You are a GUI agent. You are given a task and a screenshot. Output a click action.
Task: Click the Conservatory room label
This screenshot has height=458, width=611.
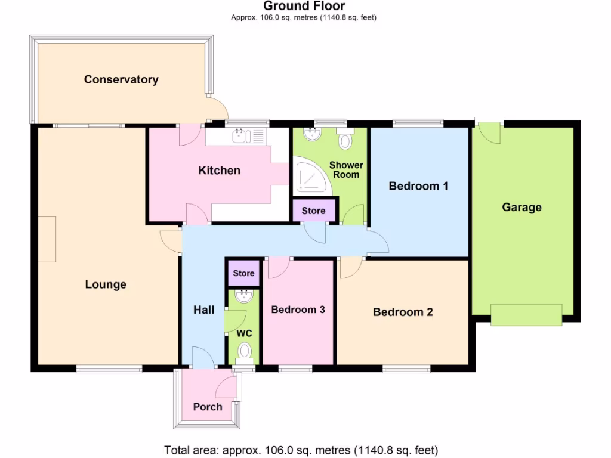tap(121, 79)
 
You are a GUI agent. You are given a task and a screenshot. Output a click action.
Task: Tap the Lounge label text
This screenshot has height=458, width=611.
tap(106, 284)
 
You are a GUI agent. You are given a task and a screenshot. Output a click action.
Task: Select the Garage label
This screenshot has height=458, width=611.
tap(521, 208)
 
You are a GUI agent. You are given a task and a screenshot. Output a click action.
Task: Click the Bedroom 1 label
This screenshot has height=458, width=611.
tap(418, 186)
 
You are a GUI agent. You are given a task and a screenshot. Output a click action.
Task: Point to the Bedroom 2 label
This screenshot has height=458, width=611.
tap(403, 312)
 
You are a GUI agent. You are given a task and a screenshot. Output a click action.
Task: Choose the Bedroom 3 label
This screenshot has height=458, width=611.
tap(298, 310)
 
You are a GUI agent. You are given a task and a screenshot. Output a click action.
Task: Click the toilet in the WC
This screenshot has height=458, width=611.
tap(245, 351)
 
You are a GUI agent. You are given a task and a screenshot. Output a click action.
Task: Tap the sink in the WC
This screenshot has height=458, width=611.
tap(244, 296)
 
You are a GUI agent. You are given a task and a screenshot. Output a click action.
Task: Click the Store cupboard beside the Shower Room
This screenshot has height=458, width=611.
tap(314, 211)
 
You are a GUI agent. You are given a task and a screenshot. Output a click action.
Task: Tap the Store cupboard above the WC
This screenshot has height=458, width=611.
tap(243, 273)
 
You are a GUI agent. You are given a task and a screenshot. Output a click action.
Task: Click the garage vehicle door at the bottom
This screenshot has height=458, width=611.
tap(526, 314)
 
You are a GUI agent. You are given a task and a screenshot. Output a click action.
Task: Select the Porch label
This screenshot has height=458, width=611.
tap(208, 407)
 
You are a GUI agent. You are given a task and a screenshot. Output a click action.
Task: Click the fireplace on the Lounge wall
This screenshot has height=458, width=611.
tap(47, 239)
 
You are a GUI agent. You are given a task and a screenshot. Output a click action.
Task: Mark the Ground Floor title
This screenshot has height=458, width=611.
tap(304, 7)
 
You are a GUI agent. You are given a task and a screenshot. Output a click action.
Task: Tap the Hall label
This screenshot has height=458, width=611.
tap(203, 310)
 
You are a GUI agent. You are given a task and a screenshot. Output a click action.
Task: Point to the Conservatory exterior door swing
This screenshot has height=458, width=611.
tap(218, 109)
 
